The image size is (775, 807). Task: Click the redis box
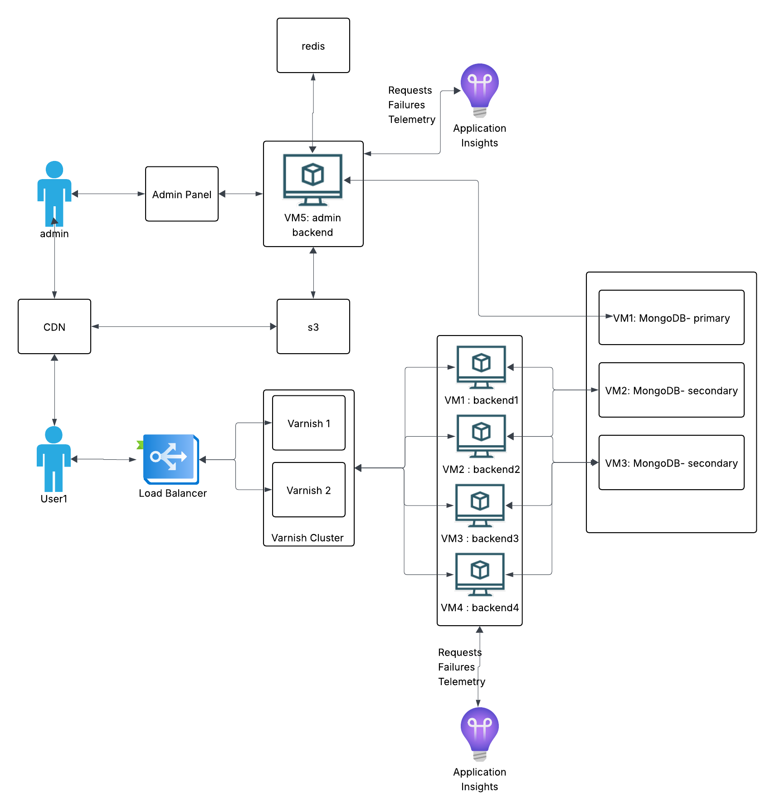tap(313, 45)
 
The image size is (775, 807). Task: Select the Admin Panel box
tap(181, 194)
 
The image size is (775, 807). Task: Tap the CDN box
tap(54, 326)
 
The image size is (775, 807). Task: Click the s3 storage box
tap(313, 326)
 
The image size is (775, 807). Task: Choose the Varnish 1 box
tap(308, 423)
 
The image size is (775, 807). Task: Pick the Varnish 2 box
tap(308, 490)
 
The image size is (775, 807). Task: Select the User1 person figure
tap(54, 459)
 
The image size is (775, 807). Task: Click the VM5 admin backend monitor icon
tap(312, 180)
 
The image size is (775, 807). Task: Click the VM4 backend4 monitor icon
tap(480, 574)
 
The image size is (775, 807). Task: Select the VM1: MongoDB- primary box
tap(671, 317)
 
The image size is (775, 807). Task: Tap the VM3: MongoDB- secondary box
tap(671, 462)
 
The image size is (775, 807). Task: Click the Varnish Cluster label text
tap(307, 538)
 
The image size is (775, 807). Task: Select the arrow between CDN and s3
tap(184, 326)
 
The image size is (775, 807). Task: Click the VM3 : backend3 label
tap(480, 538)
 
